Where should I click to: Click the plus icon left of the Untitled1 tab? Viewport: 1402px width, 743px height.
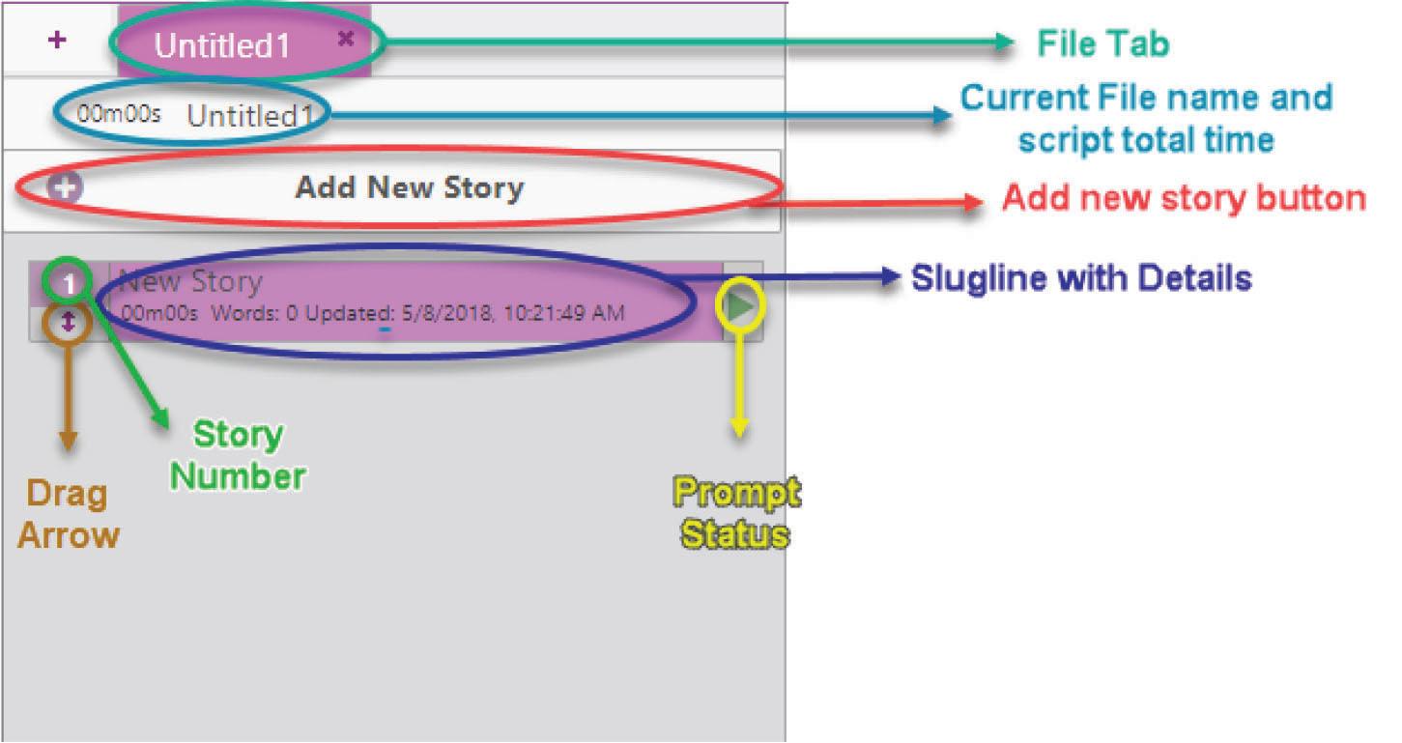point(58,41)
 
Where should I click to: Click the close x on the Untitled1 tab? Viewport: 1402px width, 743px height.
point(346,39)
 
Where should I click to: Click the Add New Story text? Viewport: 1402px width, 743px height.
point(409,187)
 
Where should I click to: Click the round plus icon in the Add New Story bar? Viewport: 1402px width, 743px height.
point(66,187)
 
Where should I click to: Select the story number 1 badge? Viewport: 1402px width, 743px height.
point(69,284)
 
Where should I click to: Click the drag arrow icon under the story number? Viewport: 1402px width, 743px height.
point(68,324)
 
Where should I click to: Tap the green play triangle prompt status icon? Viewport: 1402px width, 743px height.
point(741,306)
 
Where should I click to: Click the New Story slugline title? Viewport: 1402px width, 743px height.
point(190,282)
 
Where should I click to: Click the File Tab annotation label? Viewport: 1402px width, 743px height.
point(1102,43)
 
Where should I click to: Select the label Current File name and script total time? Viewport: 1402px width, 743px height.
point(1146,118)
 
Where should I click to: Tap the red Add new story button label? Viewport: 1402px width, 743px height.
point(1184,198)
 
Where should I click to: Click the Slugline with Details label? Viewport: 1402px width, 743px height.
point(1081,278)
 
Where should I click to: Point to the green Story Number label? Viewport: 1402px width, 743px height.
point(238,455)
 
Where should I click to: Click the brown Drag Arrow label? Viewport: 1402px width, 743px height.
point(68,514)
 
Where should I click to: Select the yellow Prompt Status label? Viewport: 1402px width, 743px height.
point(736,513)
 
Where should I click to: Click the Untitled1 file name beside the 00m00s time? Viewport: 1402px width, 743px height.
point(250,116)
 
